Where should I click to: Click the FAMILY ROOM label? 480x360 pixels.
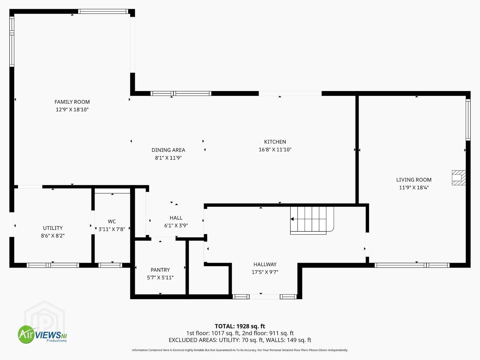pyautogui.click(x=72, y=102)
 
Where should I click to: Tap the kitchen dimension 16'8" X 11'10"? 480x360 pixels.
pyautogui.click(x=275, y=150)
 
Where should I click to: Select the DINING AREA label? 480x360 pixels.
pyautogui.click(x=168, y=150)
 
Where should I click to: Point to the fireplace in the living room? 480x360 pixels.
pyautogui.click(x=459, y=178)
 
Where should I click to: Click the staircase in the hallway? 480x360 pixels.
pyautogui.click(x=312, y=220)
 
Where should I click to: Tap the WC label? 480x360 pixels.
pyautogui.click(x=112, y=221)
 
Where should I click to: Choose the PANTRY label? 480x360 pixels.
pyautogui.click(x=160, y=270)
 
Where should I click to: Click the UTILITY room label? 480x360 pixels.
pyautogui.click(x=53, y=228)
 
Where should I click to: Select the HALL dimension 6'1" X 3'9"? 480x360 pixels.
pyautogui.click(x=176, y=225)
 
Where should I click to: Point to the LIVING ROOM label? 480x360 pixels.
pyautogui.click(x=414, y=180)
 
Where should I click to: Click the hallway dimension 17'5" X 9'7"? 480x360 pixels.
pyautogui.click(x=265, y=272)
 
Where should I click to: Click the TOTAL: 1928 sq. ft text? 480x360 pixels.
pyautogui.click(x=240, y=326)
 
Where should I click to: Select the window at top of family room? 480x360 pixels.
pyautogui.click(x=103, y=11)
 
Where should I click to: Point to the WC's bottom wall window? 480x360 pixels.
pyautogui.click(x=110, y=265)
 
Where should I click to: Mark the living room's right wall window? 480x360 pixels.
pyautogui.click(x=468, y=120)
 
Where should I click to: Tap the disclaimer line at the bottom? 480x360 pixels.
pyautogui.click(x=240, y=350)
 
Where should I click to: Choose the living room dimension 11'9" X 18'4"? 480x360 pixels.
pyautogui.click(x=414, y=187)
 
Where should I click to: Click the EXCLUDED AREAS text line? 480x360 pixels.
pyautogui.click(x=240, y=340)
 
